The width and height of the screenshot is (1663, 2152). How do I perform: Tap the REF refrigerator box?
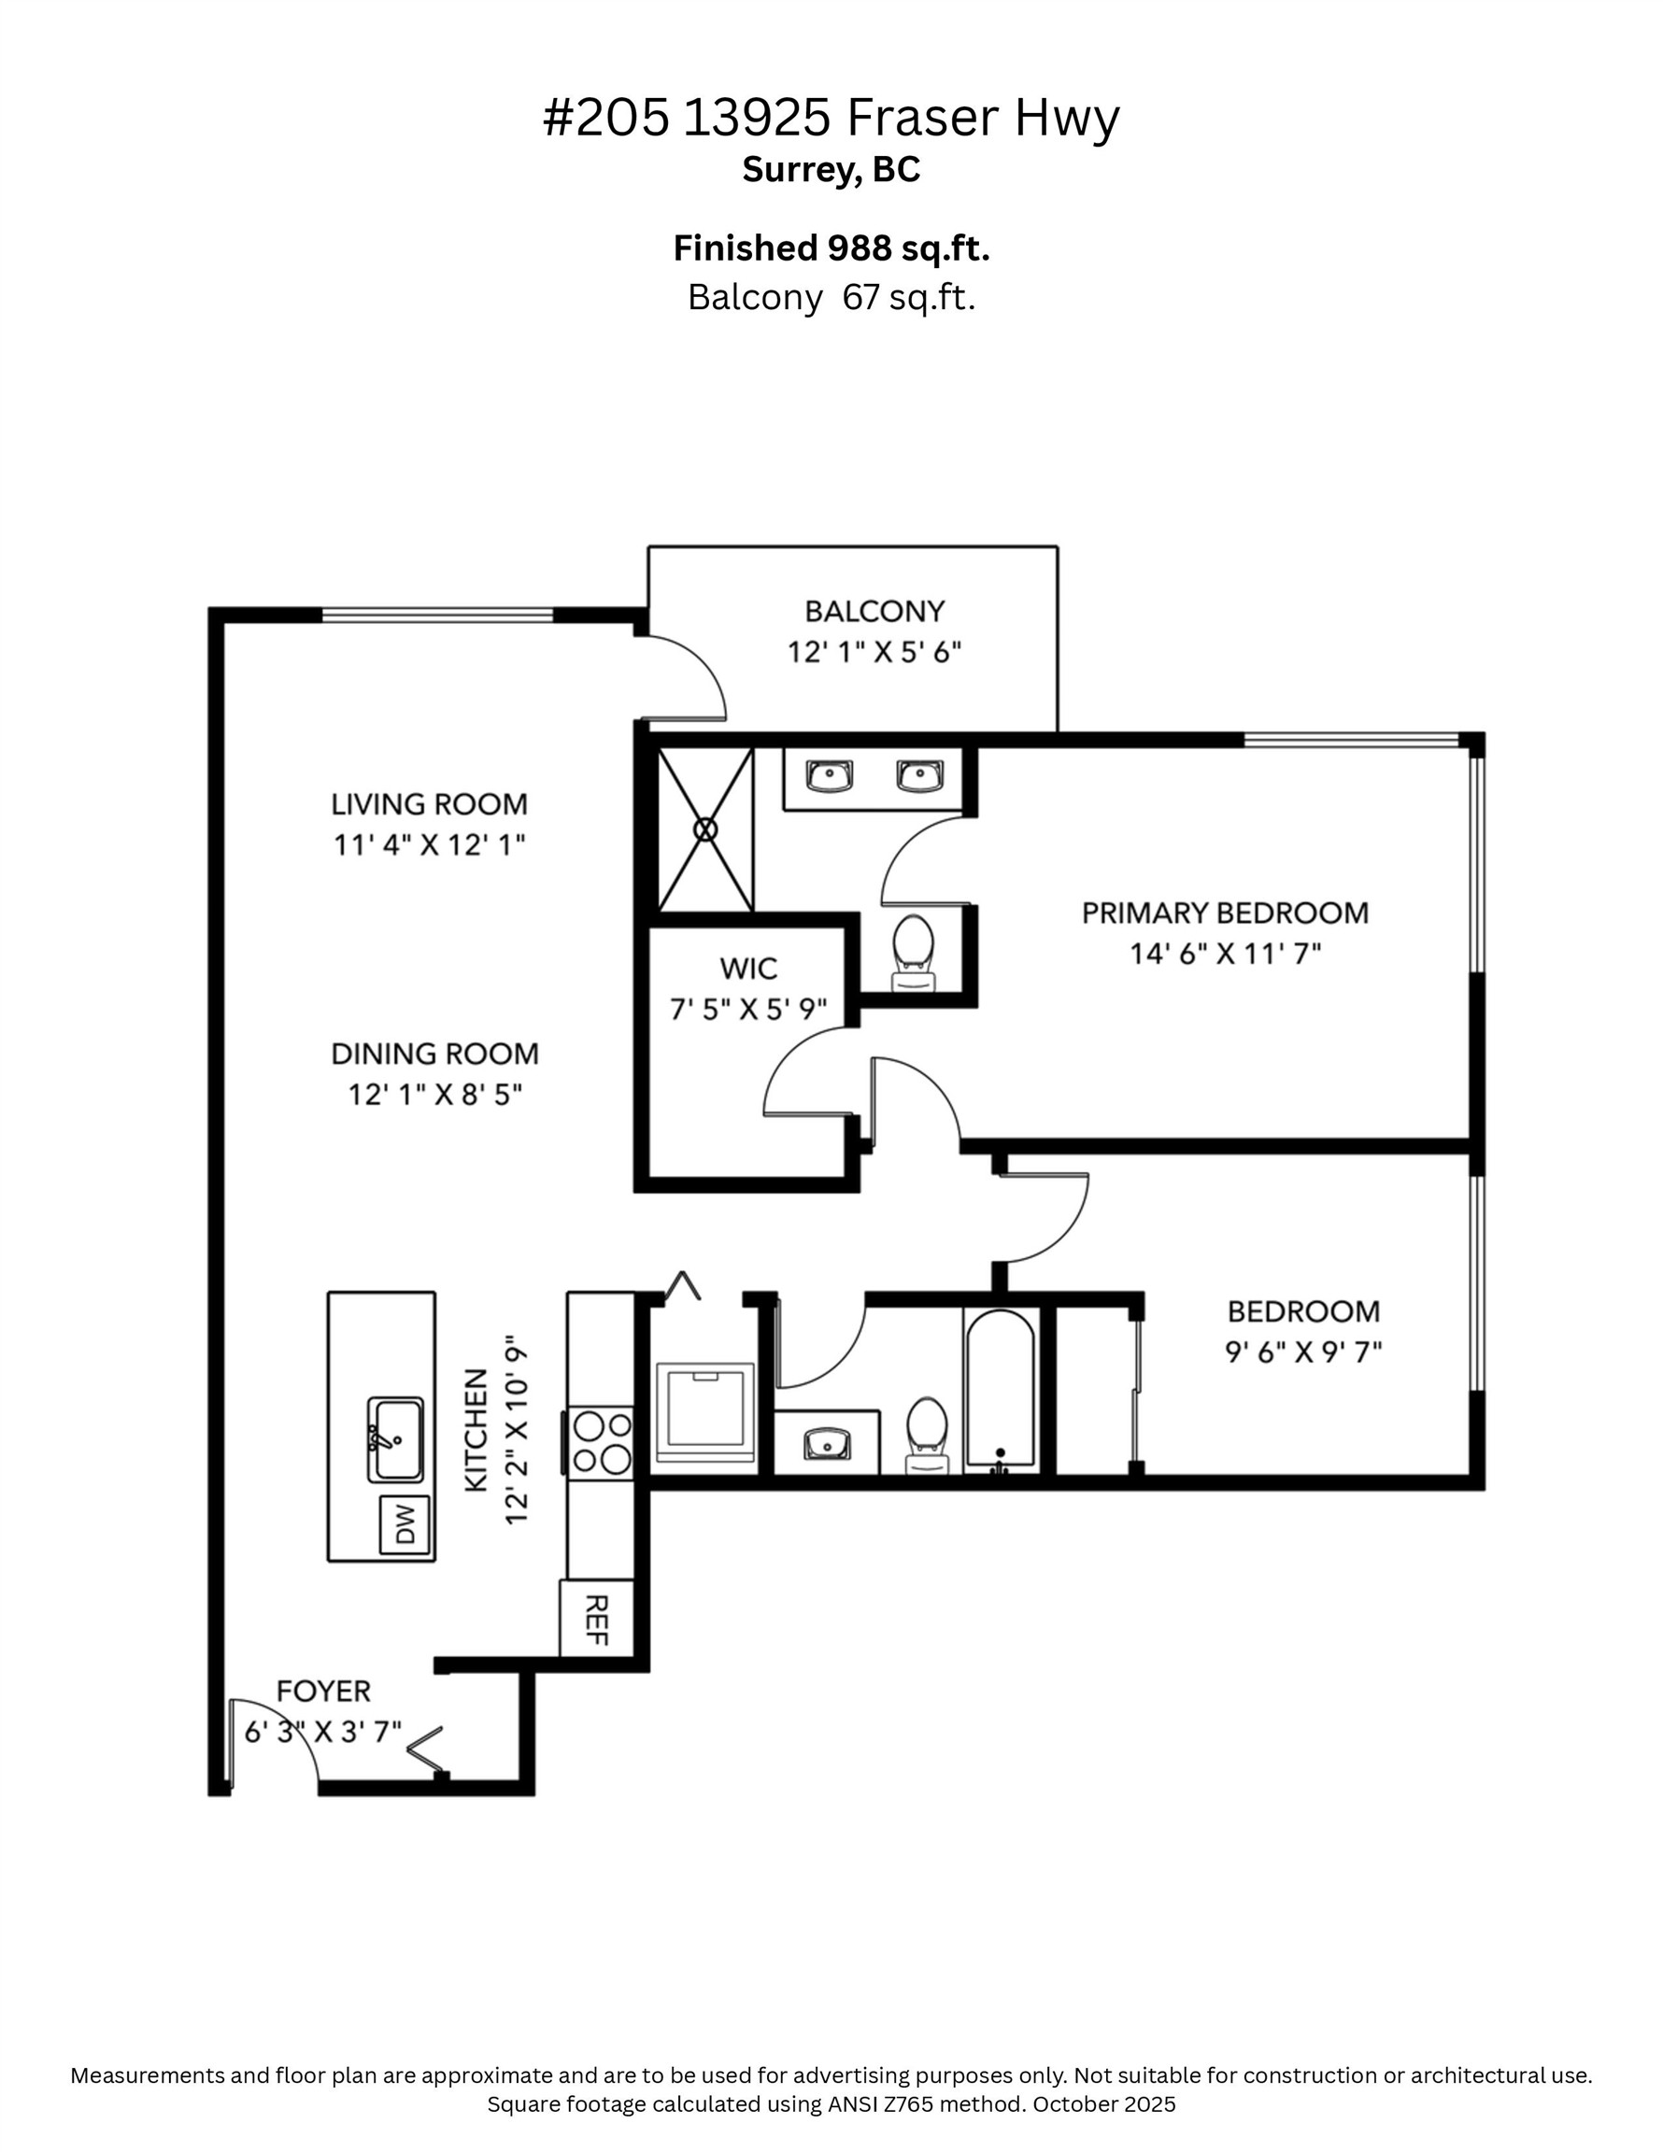click(x=595, y=1621)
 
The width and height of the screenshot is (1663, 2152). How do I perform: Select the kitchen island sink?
click(x=396, y=1439)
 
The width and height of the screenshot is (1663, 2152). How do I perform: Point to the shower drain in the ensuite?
click(x=704, y=828)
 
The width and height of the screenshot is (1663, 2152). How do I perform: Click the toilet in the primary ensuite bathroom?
click(x=913, y=950)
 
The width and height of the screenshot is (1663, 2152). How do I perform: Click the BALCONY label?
click(x=874, y=611)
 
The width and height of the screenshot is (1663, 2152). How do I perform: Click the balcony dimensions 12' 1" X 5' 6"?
click(x=874, y=652)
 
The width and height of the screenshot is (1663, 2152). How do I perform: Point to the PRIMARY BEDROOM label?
click(x=1224, y=913)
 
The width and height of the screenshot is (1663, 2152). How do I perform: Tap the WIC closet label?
click(x=748, y=968)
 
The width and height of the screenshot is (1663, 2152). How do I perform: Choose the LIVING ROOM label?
click(x=429, y=804)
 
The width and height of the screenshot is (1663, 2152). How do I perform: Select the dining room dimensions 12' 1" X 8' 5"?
click(x=434, y=1095)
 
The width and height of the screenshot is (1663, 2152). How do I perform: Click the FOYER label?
click(x=323, y=1691)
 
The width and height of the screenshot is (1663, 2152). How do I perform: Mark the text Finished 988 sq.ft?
click(x=831, y=248)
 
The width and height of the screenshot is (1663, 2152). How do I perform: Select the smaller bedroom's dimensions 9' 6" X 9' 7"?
click(x=1302, y=1352)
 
